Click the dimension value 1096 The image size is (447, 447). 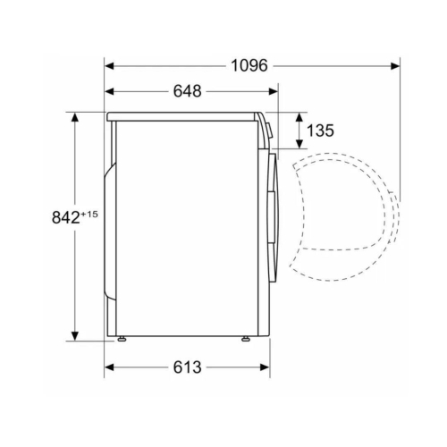pyautogui.click(x=249, y=65)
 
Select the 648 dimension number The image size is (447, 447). pyautogui.click(x=188, y=91)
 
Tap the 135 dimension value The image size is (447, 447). pyautogui.click(x=320, y=131)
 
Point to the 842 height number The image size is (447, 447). pyautogui.click(x=65, y=217)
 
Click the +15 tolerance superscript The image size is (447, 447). pyautogui.click(x=89, y=214)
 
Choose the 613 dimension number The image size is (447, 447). pyautogui.click(x=188, y=367)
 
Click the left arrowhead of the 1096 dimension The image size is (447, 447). pyautogui.click(x=109, y=66)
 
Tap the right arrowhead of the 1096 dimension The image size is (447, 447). pyautogui.click(x=395, y=66)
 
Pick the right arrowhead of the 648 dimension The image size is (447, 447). pyautogui.click(x=273, y=91)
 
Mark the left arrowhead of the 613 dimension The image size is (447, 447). pyautogui.click(x=109, y=367)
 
